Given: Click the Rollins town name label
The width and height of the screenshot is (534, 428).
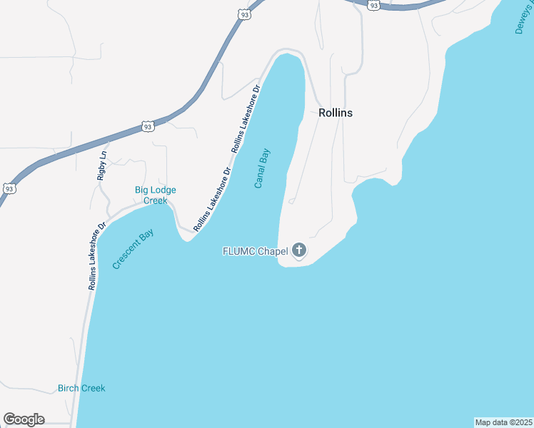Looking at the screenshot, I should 336,113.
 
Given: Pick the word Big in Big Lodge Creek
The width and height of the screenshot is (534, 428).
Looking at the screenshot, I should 142,190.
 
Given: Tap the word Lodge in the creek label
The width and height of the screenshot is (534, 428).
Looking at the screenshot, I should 163,190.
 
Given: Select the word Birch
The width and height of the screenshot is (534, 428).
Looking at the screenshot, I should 69,388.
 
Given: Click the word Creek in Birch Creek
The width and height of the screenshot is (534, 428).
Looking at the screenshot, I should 94,388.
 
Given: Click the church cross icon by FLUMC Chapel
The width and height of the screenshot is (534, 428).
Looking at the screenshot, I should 299,250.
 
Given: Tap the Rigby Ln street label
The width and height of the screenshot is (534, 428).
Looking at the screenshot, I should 103,165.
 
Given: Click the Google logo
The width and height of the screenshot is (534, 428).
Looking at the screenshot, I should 24,419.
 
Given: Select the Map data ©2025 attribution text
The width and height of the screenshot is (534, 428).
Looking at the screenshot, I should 503,422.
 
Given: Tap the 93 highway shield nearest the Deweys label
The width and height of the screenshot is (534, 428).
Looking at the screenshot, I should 373,4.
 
